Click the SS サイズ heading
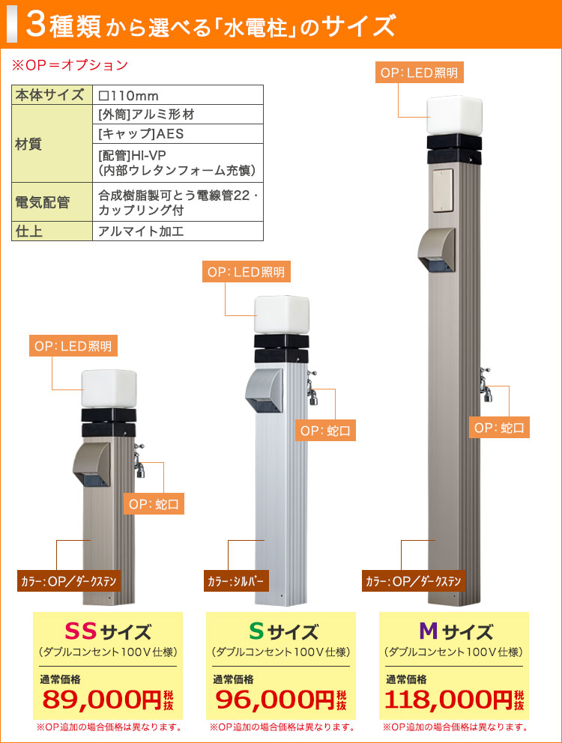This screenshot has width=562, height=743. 108,631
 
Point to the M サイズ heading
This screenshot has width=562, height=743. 456,631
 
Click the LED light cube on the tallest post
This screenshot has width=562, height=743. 454,115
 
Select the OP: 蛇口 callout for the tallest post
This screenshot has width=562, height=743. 499,428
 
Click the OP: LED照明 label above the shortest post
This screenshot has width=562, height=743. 73,346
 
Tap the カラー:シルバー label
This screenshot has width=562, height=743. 236,581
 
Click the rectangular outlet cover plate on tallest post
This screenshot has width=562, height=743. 443,190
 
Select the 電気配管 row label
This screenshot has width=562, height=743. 43,202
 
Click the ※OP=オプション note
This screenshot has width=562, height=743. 70,65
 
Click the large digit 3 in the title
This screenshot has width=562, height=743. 36,25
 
